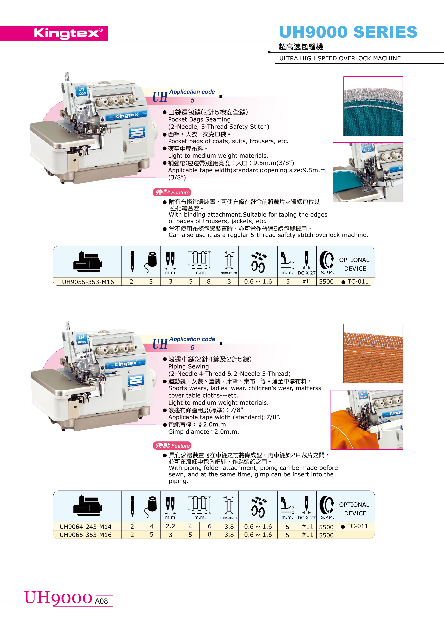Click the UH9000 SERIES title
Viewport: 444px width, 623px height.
tap(348, 32)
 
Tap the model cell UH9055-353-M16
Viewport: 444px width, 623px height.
tap(88, 282)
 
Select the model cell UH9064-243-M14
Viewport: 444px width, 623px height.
tap(86, 527)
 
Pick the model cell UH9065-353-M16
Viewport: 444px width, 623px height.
tap(86, 535)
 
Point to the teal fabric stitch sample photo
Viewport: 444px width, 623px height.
tap(373, 106)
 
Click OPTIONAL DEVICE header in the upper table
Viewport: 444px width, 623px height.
tap(355, 264)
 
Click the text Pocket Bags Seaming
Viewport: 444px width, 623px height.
tap(199, 119)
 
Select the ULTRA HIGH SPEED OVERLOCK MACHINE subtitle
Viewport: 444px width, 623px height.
tap(340, 58)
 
